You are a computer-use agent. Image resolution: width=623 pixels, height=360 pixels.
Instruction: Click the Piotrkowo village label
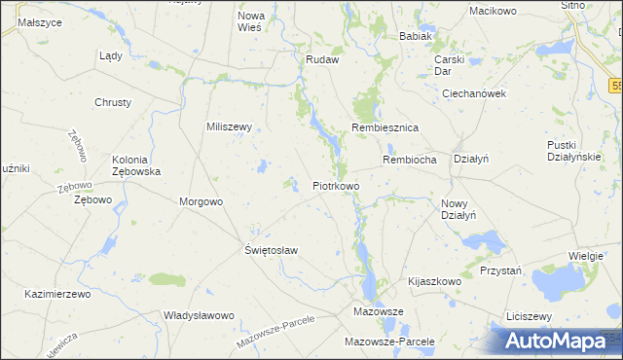coord(336,185)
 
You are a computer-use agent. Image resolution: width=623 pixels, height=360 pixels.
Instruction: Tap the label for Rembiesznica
coord(385,128)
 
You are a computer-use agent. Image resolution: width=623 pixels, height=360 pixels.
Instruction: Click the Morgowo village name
coord(202,201)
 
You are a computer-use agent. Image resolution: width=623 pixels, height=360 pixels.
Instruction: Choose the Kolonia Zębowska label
coord(136,165)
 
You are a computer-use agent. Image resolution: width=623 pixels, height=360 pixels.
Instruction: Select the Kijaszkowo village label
coord(434,280)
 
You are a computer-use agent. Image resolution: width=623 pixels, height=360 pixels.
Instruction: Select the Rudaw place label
coord(321,59)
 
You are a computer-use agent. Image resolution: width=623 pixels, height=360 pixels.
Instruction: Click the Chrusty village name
coord(113,102)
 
